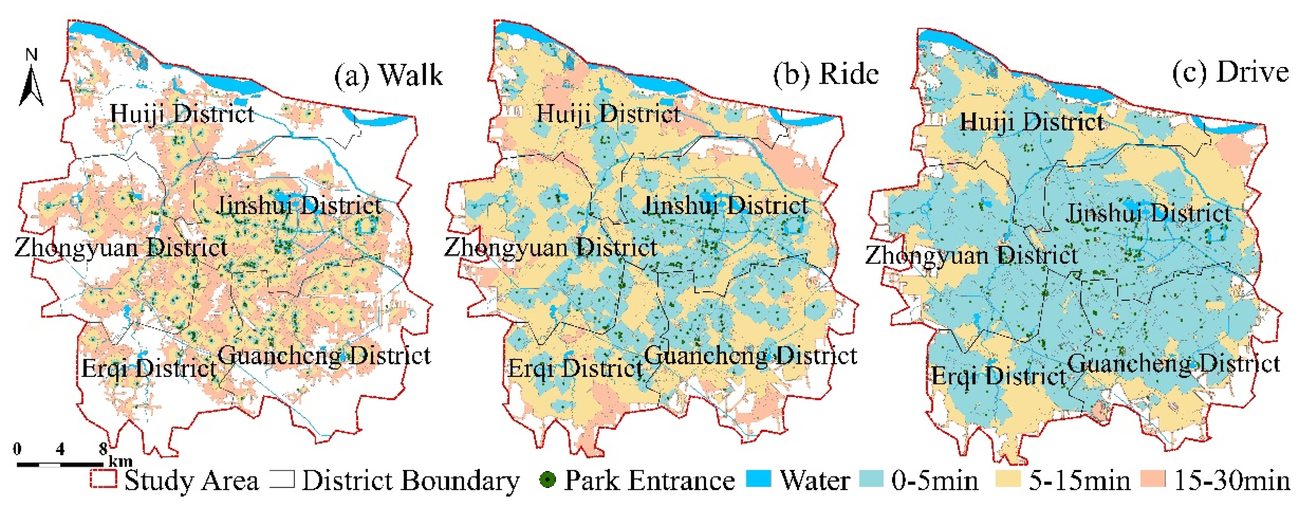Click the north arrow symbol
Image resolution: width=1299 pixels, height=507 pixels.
pos(31,81)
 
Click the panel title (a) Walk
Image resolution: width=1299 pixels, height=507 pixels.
pos(388,76)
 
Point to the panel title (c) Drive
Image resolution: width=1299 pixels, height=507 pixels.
pos(1230,72)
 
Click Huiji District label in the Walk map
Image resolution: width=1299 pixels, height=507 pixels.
pos(181,114)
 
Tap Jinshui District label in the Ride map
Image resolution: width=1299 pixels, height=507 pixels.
pos(726,206)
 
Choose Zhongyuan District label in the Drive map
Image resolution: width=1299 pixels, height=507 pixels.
pos(971,255)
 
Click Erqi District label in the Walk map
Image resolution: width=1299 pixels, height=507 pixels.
pos(149,368)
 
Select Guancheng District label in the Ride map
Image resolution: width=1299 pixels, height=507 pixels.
pos(750,356)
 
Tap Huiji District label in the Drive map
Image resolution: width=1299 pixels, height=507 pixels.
pos(1032,122)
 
